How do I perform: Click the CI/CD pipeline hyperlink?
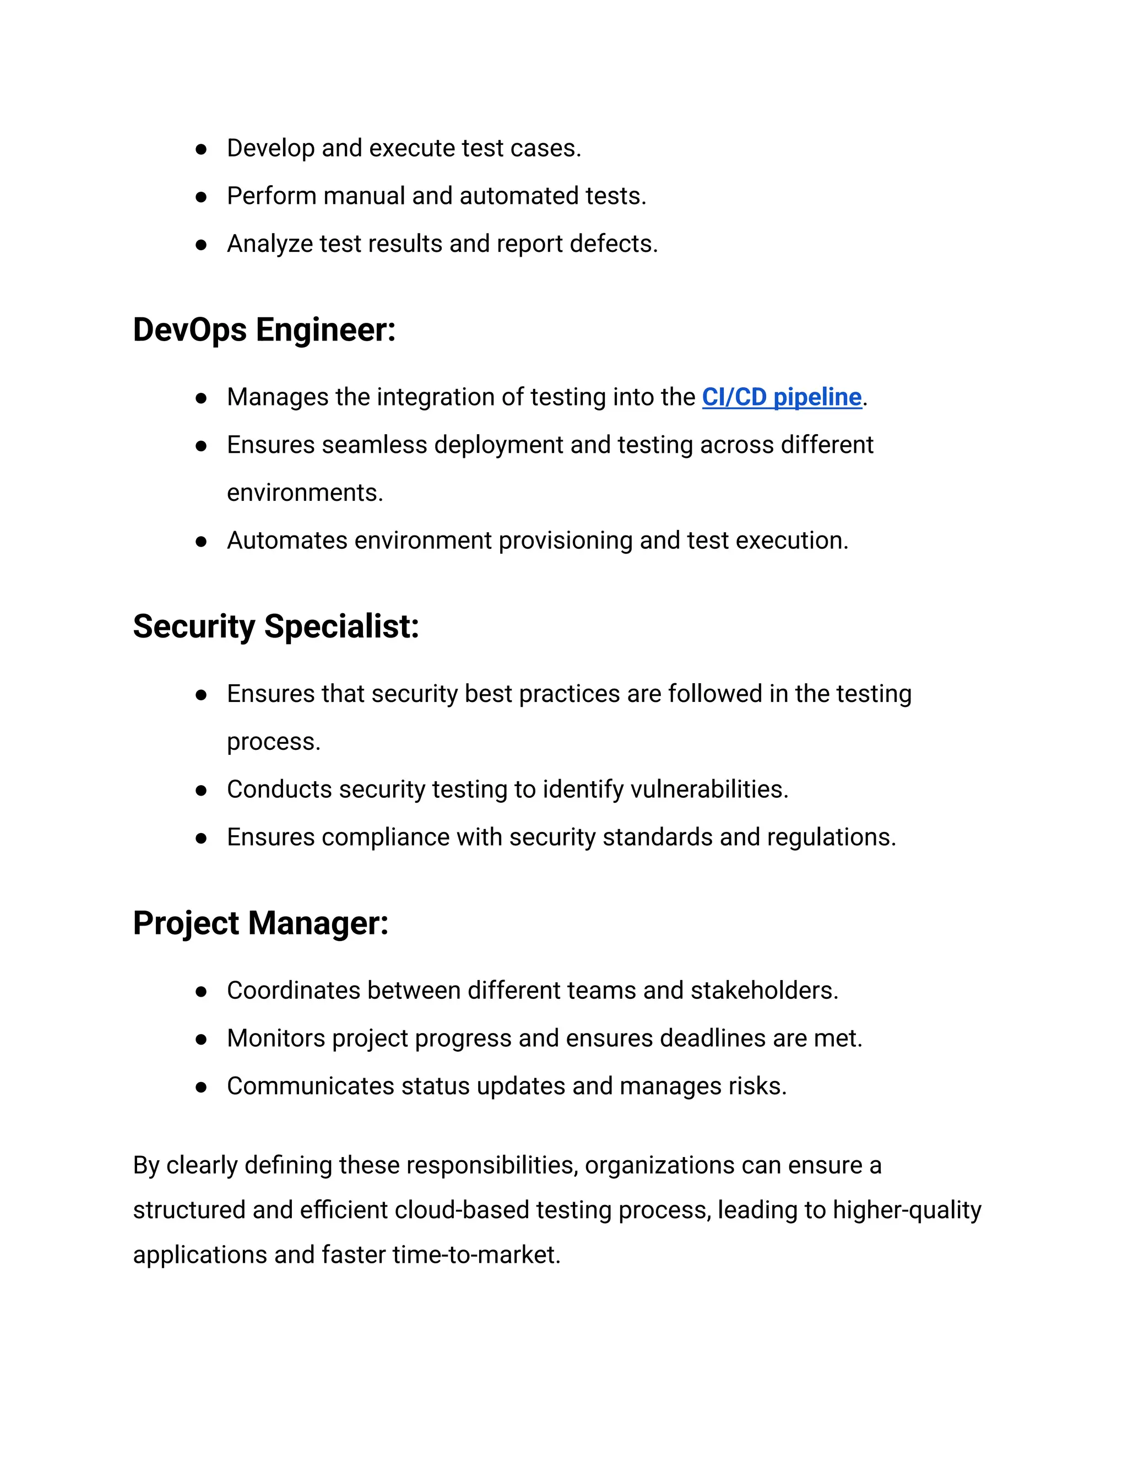point(781,397)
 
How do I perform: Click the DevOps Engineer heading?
point(264,329)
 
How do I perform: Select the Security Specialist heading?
point(275,626)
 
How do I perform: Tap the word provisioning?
point(565,541)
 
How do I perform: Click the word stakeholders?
point(764,991)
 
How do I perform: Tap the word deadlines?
point(712,1038)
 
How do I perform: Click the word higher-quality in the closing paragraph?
point(907,1210)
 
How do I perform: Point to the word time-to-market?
point(476,1254)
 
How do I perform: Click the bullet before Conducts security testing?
point(201,790)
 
